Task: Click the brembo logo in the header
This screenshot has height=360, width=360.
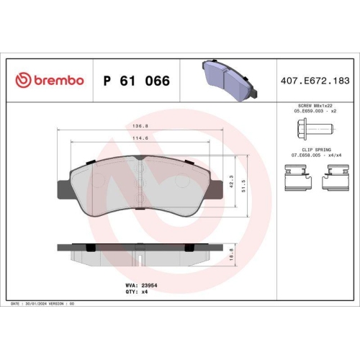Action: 50,81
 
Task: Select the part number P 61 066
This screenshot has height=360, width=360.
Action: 136,81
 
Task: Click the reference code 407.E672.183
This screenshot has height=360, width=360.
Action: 318,81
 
